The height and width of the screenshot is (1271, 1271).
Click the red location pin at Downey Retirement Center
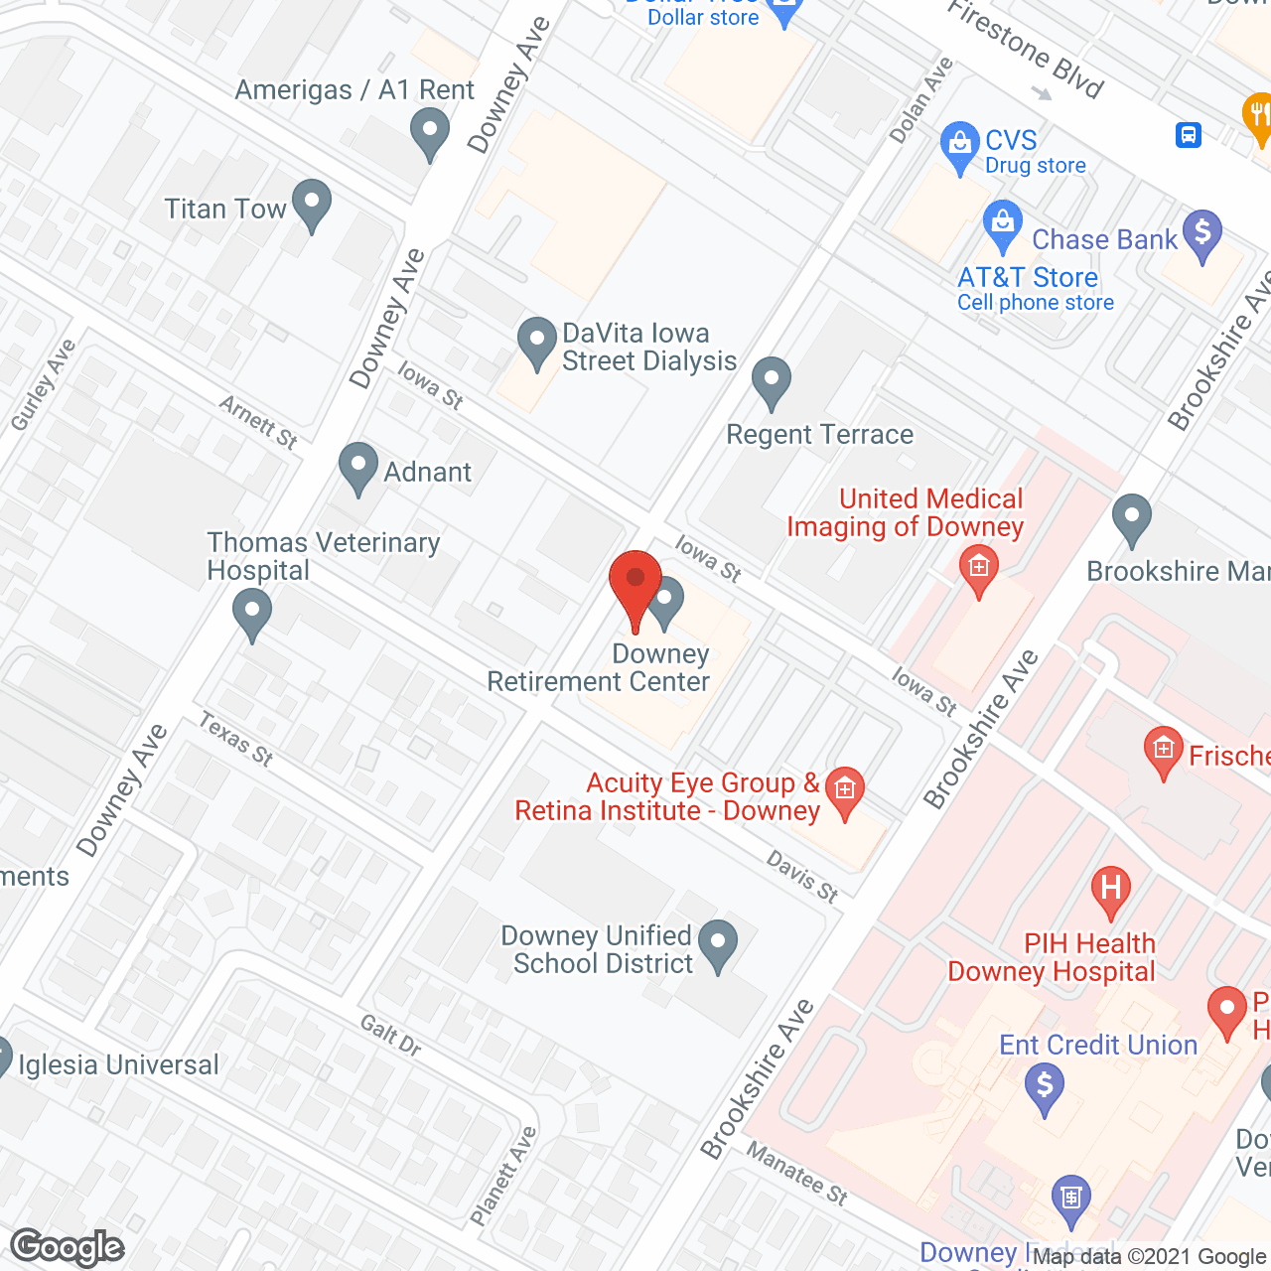click(x=635, y=586)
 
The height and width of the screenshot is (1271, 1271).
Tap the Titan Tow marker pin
click(x=312, y=204)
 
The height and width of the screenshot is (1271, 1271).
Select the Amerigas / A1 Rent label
click(x=354, y=90)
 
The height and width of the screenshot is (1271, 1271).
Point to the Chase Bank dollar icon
click(x=1202, y=234)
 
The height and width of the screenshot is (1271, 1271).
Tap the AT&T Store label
click(x=1028, y=277)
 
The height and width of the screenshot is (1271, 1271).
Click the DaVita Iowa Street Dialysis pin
click(x=537, y=342)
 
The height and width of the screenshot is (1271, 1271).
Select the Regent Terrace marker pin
click(x=772, y=381)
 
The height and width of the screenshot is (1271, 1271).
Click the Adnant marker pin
click(x=358, y=467)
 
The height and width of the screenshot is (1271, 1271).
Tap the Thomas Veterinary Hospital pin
click(x=252, y=612)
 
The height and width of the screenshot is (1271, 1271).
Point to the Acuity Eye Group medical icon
click(x=845, y=791)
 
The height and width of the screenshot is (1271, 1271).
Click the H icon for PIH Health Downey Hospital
click(x=1110, y=887)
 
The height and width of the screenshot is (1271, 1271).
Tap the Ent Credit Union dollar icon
click(x=1044, y=1085)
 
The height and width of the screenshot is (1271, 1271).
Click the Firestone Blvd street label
click(x=1025, y=50)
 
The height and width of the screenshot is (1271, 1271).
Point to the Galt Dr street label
click(x=390, y=1035)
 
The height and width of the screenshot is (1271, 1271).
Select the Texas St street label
click(x=235, y=739)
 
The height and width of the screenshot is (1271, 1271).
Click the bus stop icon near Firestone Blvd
click(x=1189, y=134)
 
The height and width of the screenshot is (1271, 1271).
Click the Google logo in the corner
click(x=68, y=1247)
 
